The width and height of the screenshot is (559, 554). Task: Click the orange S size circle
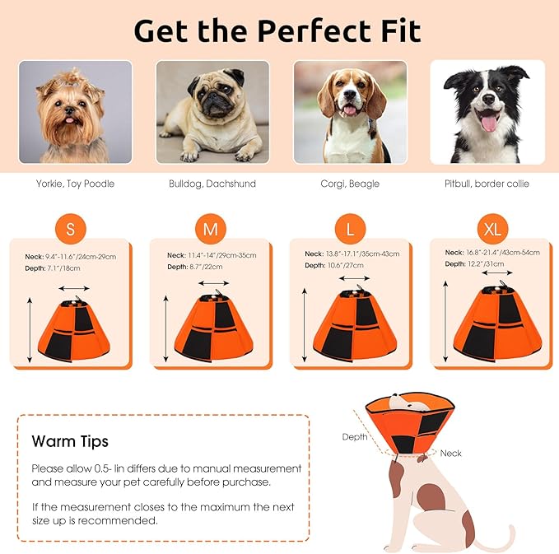point(70,230)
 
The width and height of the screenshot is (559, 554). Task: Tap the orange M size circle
point(211,230)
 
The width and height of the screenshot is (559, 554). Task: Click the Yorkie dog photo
point(76,111)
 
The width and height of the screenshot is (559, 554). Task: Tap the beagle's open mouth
point(352,109)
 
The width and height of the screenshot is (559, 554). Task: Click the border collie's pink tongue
point(488,123)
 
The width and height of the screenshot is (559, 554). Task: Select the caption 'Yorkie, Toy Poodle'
point(75,184)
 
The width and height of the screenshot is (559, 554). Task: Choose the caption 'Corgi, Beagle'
point(351,184)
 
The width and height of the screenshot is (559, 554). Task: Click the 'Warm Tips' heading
point(70,441)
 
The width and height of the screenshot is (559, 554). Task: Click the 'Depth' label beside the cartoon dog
point(355,436)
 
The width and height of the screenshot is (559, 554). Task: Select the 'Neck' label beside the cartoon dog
point(450,453)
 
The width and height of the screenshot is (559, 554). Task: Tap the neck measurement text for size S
point(70,257)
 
